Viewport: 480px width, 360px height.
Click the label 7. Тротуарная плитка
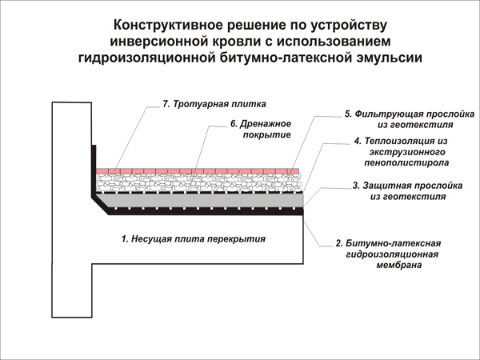tap(214, 104)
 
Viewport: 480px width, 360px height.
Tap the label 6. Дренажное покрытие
tap(261, 129)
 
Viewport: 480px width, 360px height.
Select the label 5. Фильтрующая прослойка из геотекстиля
tap(410, 119)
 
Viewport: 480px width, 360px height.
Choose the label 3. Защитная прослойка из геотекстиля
tap(408, 191)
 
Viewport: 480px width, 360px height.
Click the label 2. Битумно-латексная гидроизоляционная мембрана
tap(389, 254)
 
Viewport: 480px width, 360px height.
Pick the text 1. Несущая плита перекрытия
tap(194, 238)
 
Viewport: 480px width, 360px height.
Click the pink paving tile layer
tap(198, 171)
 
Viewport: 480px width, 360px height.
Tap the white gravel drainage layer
tap(199, 183)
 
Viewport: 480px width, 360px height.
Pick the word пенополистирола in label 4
tap(406, 162)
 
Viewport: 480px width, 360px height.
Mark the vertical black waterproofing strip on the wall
tap(94, 171)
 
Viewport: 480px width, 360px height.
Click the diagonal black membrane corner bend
tap(101, 205)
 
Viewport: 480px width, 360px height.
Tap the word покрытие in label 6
tap(267, 135)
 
